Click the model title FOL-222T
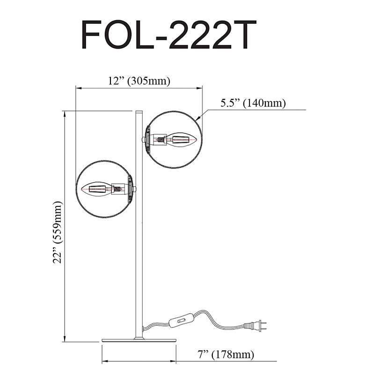[168, 35]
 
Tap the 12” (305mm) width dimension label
[139, 81]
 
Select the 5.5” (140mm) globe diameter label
[253, 103]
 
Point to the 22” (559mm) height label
[58, 232]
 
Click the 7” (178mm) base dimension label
[226, 355]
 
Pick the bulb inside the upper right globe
[182, 139]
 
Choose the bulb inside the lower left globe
[96, 189]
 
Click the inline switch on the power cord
[182, 321]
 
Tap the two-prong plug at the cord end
[255, 326]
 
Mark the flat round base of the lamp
[139, 340]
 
